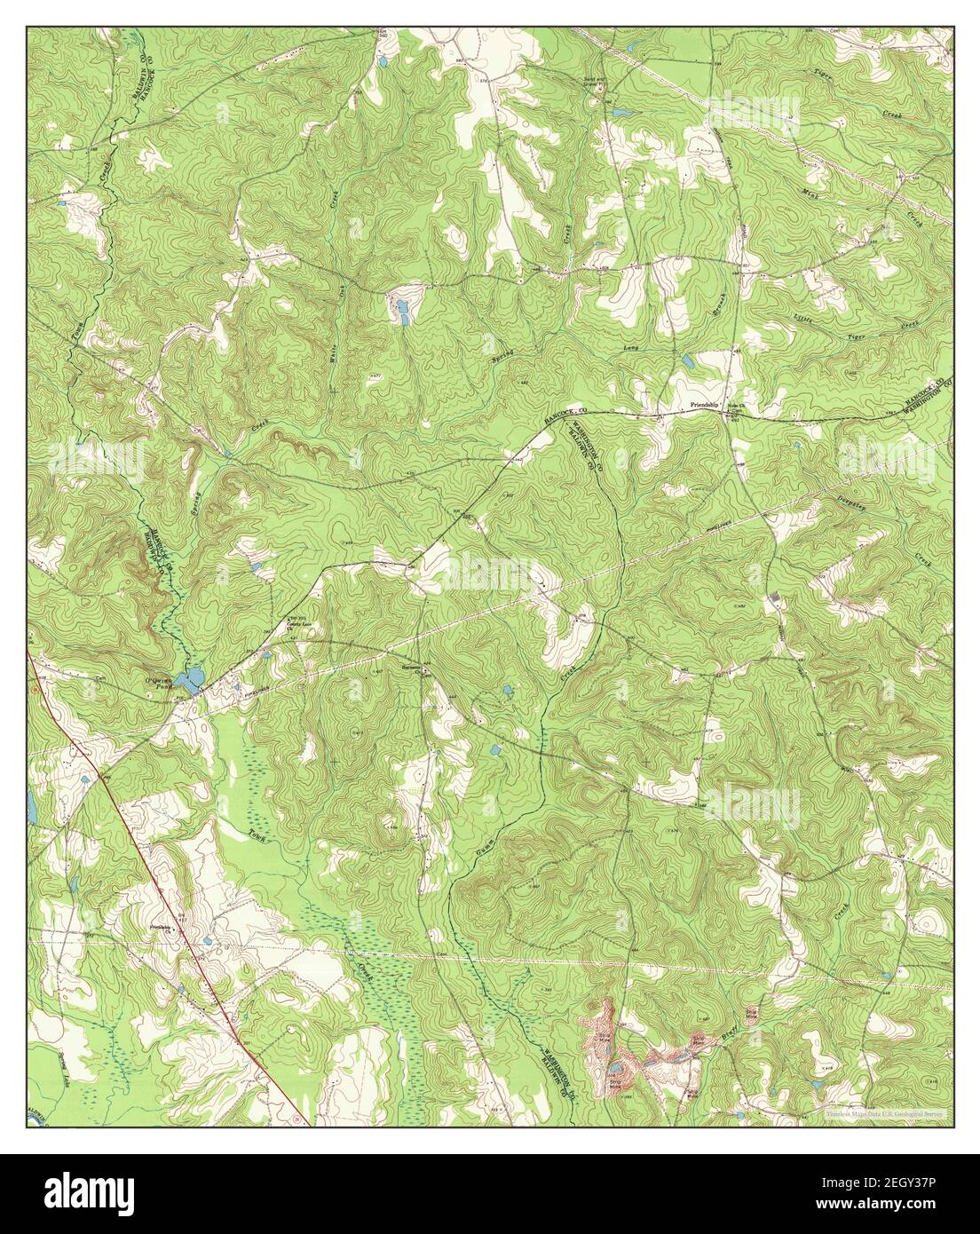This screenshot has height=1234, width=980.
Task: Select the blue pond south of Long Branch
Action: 686,361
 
